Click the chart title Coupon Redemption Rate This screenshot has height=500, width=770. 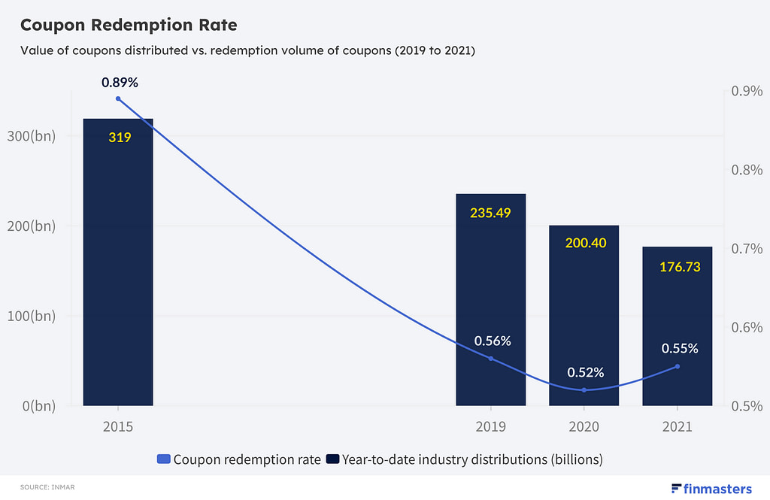128,25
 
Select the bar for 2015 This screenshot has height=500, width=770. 118,263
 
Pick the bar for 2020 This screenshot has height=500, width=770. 584,316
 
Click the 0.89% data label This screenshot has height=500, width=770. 121,82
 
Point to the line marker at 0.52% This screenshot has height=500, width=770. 584,389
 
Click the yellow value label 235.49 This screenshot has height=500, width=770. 491,213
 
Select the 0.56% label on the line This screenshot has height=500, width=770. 493,341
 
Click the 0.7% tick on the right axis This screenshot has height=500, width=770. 747,248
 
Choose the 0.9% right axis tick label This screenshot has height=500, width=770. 747,91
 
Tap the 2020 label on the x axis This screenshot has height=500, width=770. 584,426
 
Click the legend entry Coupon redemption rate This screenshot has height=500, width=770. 239,459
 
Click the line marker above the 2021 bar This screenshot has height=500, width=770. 678,366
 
